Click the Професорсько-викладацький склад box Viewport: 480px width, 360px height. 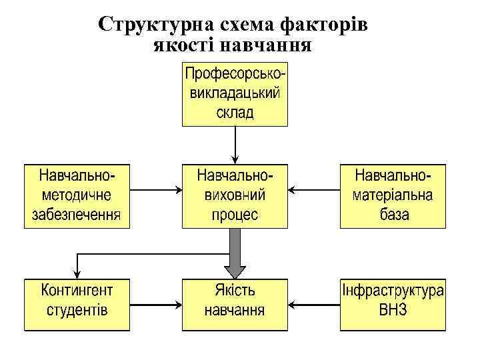pos(235,94)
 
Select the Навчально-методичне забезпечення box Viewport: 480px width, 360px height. pos(77,196)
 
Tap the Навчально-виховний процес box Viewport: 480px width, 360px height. pos(235,196)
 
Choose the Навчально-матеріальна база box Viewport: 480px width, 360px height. pos(393,196)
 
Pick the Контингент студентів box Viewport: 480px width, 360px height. pos(77,304)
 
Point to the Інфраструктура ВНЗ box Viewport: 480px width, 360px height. pos(393,304)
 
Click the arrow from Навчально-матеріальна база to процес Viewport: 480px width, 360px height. pos(314,190)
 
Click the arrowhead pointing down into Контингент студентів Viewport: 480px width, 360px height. pos(77,273)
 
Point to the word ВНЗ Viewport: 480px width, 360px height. pos(393,311)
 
